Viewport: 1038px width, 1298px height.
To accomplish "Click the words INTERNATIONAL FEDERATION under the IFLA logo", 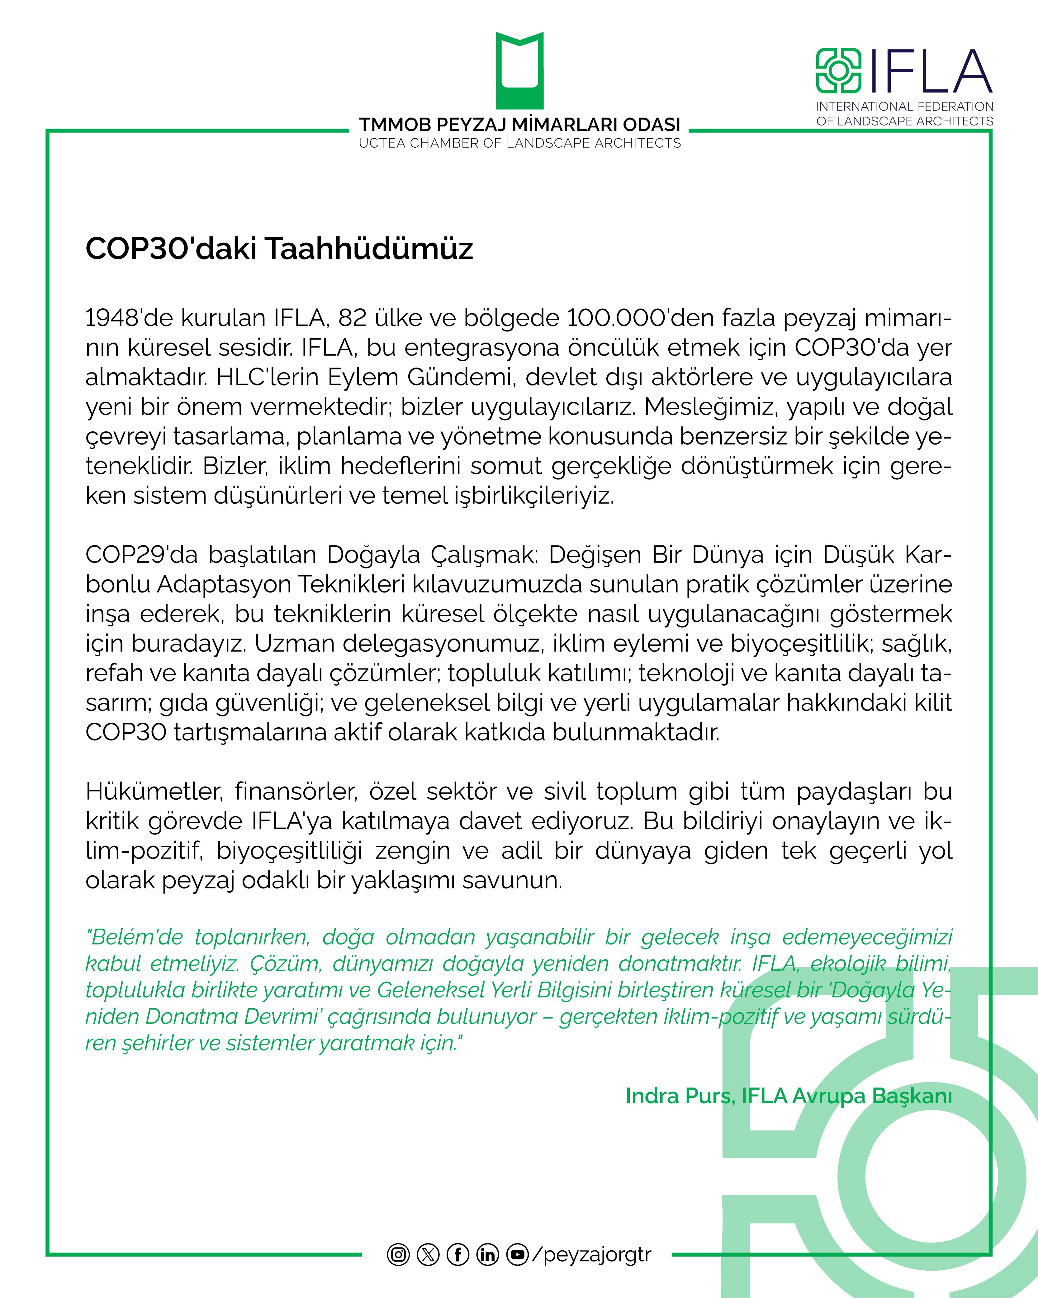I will click(x=904, y=107).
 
